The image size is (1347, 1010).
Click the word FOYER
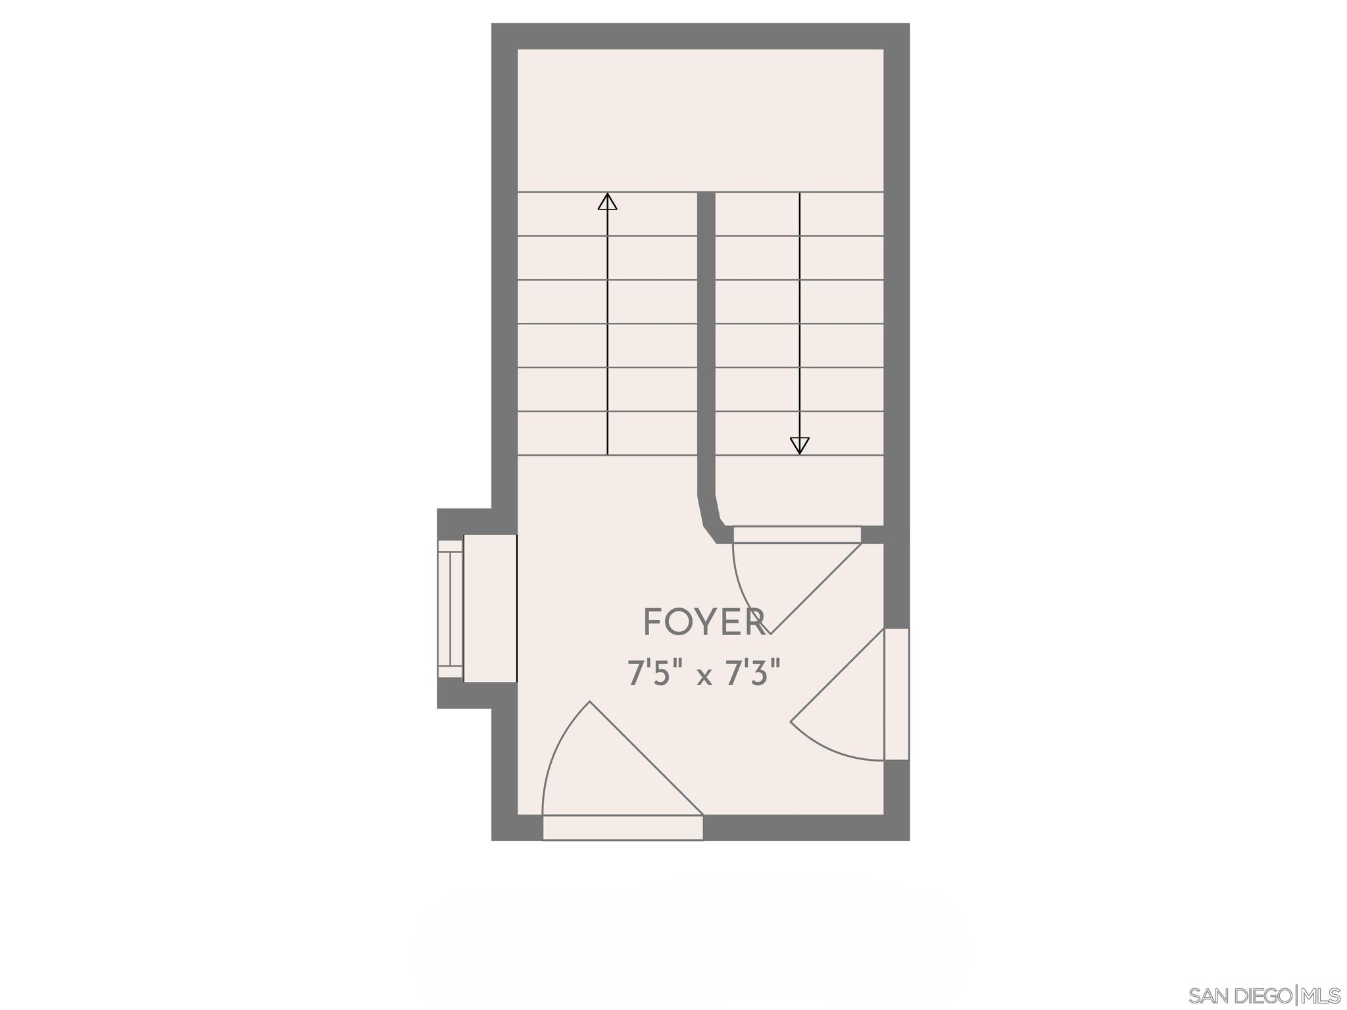point(704,622)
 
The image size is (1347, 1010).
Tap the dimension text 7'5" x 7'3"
point(704,674)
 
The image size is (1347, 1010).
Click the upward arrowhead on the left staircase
point(607,201)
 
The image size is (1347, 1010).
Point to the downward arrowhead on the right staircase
point(799,446)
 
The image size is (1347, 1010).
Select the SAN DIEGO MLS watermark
point(1265,995)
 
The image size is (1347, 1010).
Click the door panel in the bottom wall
point(623,827)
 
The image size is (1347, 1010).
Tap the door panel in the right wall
point(896,694)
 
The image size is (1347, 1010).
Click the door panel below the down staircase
point(796,535)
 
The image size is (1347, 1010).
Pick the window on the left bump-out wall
point(451,608)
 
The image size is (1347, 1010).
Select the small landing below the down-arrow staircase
point(799,490)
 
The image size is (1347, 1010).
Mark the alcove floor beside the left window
point(490,608)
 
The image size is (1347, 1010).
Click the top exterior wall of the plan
point(700,36)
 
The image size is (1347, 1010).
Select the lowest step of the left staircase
point(607,433)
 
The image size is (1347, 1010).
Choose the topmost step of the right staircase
point(799,214)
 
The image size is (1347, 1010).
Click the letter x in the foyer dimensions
point(704,677)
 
